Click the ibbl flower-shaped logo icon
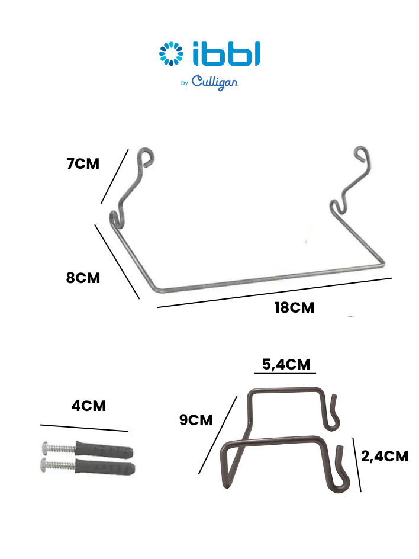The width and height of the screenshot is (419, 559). (x=172, y=54)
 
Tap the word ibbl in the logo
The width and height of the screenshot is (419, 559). (x=227, y=54)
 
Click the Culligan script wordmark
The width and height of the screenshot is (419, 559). (x=214, y=83)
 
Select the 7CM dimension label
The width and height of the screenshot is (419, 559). (x=83, y=163)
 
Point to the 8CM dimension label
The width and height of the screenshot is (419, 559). (x=83, y=278)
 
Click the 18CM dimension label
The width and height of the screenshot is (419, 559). (x=294, y=308)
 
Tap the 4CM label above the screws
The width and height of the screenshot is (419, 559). (x=89, y=406)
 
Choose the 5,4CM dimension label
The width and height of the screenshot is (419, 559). (x=286, y=364)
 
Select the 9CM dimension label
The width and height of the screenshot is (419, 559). (x=196, y=420)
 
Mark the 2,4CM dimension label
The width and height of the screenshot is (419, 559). (x=385, y=457)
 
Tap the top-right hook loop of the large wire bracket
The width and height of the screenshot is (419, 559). (x=363, y=155)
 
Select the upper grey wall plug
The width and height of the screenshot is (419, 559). (x=104, y=450)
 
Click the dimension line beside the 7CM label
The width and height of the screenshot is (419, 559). (x=114, y=176)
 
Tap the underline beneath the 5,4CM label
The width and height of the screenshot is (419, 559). (x=285, y=374)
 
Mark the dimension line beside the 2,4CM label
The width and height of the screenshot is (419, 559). (x=357, y=465)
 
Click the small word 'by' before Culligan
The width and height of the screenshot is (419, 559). (x=184, y=83)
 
